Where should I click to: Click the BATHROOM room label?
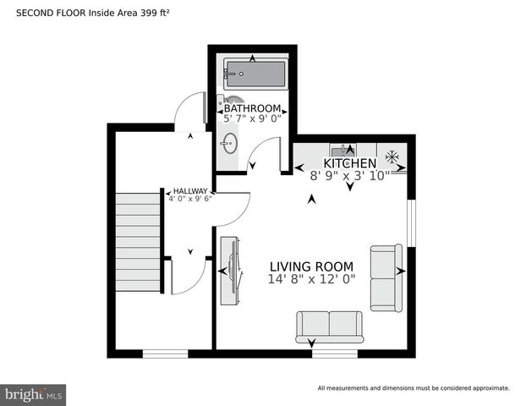[x=252, y=108]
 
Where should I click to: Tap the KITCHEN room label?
[x=349, y=163]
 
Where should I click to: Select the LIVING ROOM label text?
[x=311, y=266]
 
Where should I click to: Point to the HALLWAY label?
[x=190, y=191]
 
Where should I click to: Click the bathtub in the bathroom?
[x=255, y=73]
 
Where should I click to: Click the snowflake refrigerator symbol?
[x=392, y=156]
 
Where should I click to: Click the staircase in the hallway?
[x=138, y=242]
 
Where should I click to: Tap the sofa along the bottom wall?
[x=328, y=326]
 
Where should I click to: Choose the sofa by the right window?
[x=386, y=277]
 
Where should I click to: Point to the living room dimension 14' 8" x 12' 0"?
[x=311, y=278]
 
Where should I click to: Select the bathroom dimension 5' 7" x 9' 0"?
[x=252, y=119]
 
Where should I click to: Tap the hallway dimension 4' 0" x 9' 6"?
[x=190, y=200]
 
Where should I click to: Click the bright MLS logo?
[x=34, y=394]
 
